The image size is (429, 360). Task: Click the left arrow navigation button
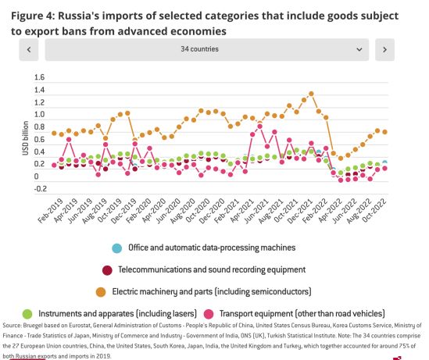coord(28,49)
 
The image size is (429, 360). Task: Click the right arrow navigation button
coord(383,49)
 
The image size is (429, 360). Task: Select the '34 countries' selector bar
coord(206,49)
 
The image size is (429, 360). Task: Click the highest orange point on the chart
coord(312,93)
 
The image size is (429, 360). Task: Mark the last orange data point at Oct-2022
coord(384,132)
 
